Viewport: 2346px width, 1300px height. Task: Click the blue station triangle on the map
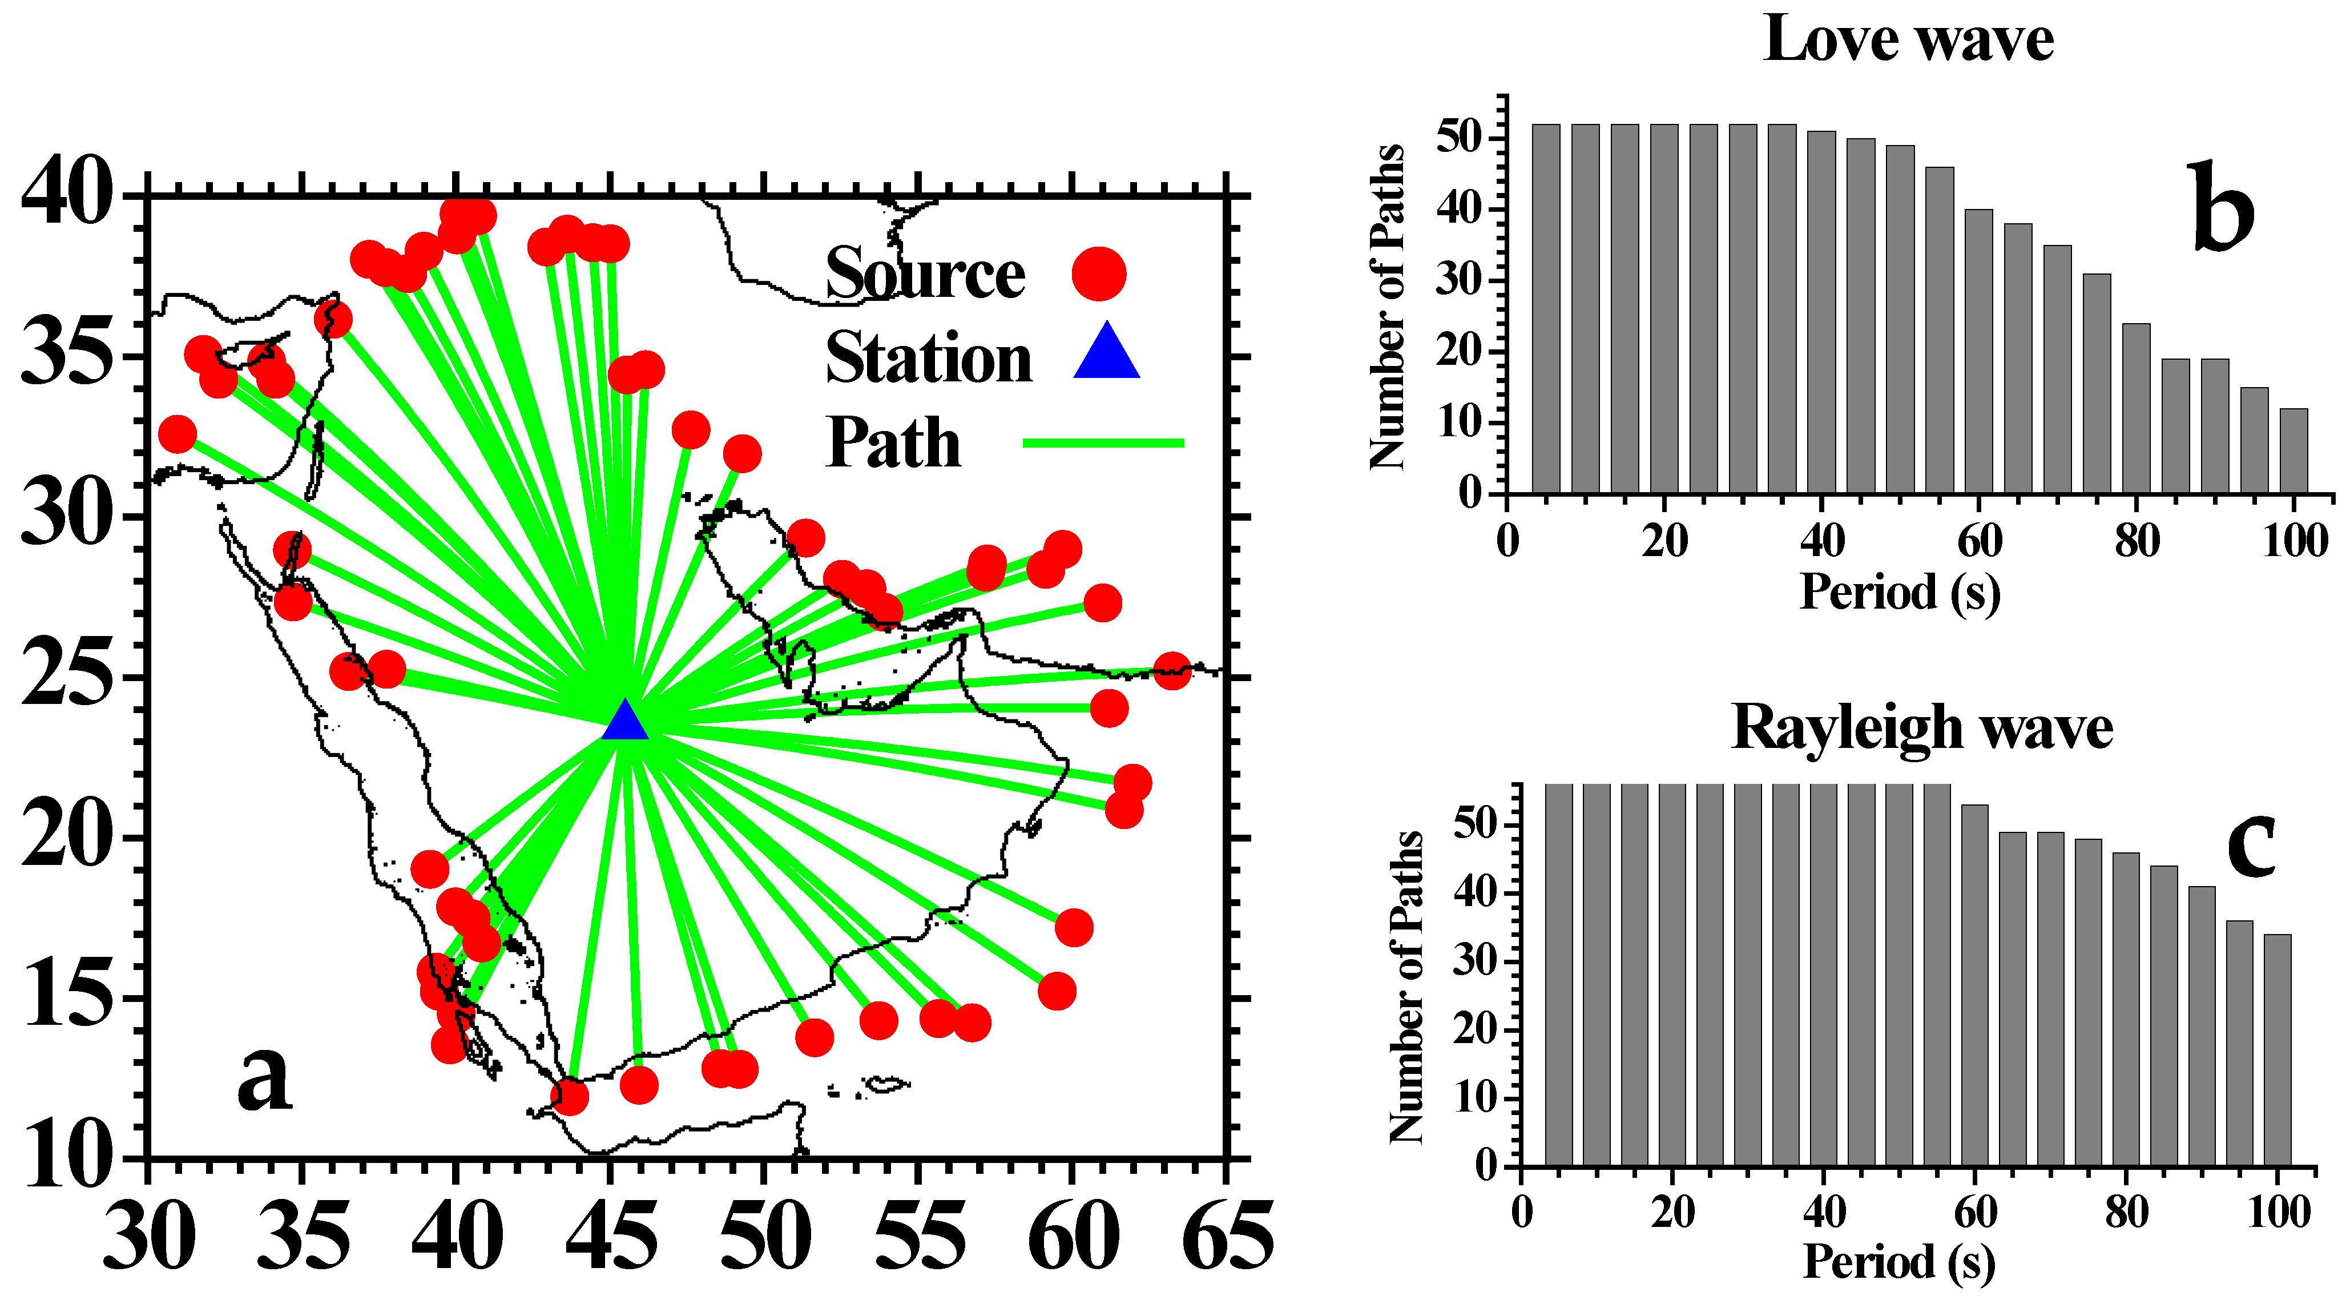(x=625, y=722)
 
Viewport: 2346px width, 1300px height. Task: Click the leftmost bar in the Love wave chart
(x=1546, y=310)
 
